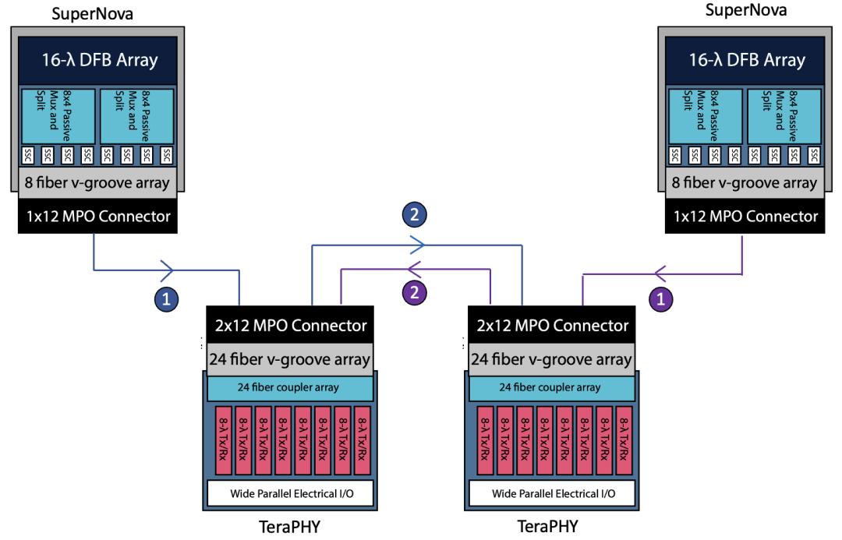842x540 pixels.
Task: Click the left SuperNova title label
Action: [92, 13]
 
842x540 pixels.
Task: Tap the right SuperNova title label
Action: [746, 9]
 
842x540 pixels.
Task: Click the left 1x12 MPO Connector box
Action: [97, 216]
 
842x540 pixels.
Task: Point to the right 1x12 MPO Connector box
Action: [745, 216]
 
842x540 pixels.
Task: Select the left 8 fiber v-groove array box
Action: [97, 182]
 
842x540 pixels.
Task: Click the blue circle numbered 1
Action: [167, 299]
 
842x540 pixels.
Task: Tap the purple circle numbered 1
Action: [661, 298]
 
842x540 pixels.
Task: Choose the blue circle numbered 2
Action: [415, 215]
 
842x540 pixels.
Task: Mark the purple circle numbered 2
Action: [415, 292]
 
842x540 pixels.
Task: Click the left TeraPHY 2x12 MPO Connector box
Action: [290, 325]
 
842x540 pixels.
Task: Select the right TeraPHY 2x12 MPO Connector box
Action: [551, 325]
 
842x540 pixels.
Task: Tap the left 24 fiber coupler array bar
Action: [290, 387]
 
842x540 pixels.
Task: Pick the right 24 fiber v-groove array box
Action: [551, 358]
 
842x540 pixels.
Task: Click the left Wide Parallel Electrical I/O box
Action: [290, 493]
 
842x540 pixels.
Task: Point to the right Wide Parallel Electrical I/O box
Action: [552, 493]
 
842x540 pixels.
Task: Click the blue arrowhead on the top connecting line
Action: [418, 245]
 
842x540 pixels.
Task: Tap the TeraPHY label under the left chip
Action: [290, 527]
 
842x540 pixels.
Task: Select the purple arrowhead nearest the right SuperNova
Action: [660, 274]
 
